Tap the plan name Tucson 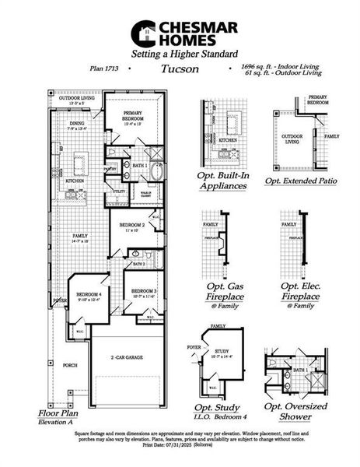[180, 68]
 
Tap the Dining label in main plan [75, 122]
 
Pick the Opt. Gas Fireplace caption [223, 291]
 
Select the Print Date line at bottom [180, 447]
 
